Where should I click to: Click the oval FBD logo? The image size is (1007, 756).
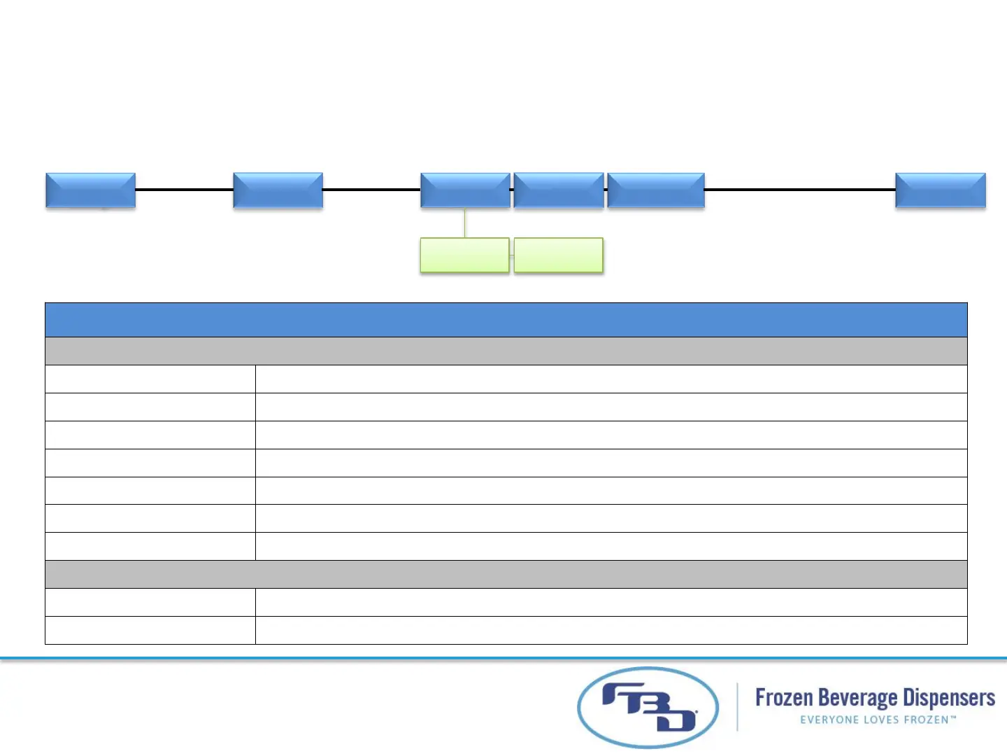[648, 707]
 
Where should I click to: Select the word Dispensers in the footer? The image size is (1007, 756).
[949, 698]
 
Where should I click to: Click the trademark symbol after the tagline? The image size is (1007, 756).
[952, 717]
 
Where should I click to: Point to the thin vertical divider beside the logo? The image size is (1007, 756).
[737, 707]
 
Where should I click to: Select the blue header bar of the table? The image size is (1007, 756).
[506, 320]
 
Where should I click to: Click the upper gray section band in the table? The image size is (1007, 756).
[506, 351]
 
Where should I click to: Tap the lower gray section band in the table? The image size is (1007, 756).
[506, 574]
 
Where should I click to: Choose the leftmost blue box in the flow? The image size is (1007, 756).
[90, 190]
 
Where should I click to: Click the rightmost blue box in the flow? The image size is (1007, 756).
[940, 190]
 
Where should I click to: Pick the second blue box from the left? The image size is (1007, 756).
[278, 190]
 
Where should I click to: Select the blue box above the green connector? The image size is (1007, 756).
[465, 190]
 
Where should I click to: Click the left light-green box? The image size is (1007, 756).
[464, 255]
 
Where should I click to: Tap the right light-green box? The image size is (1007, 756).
[558, 255]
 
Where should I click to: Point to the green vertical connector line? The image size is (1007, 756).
[465, 223]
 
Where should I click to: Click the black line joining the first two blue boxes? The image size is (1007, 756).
[184, 189]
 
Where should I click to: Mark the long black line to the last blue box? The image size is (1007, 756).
[799, 189]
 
